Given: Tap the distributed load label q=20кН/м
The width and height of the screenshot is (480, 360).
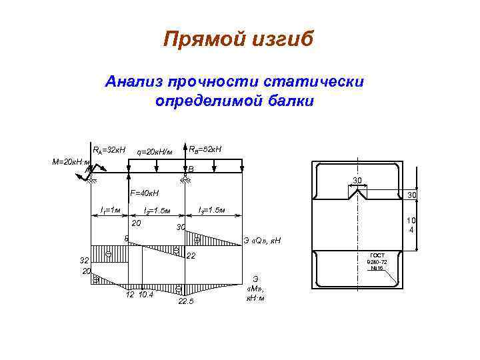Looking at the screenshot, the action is (154, 151).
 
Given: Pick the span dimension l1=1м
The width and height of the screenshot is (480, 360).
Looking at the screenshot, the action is (109, 211).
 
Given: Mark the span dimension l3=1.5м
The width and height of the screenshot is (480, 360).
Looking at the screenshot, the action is (212, 211).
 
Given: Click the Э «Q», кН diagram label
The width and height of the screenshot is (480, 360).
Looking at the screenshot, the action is (263, 240).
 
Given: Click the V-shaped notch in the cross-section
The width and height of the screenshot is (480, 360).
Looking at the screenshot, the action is (357, 194).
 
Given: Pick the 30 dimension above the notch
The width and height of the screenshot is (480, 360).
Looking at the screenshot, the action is (357, 181).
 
